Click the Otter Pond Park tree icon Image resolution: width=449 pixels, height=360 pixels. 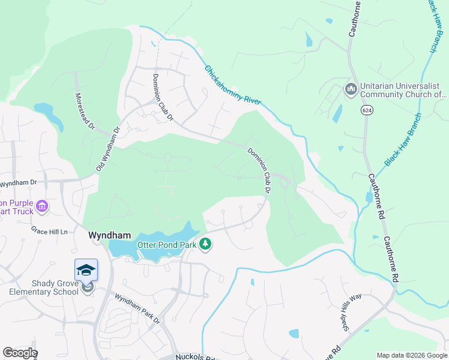205,244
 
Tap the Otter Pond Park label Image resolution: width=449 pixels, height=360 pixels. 168,244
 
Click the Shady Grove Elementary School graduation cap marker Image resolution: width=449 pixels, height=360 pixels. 86,270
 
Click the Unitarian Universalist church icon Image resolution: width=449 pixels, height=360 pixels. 351,89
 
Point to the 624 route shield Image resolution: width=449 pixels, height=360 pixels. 365,110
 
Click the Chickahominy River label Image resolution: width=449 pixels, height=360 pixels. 233,85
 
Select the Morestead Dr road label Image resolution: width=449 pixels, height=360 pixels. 85,111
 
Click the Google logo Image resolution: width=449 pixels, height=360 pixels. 20,353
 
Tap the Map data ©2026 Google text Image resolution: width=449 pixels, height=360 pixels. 411,355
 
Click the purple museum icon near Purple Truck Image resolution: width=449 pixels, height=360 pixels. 41,207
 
